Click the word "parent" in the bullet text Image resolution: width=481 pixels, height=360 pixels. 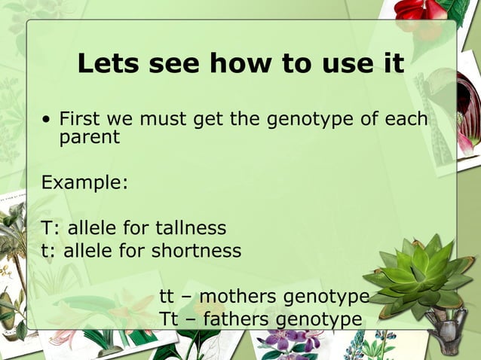tap(89, 137)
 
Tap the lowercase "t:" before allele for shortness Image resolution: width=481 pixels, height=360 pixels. tap(48, 250)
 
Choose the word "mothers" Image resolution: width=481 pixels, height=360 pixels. tap(234, 296)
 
